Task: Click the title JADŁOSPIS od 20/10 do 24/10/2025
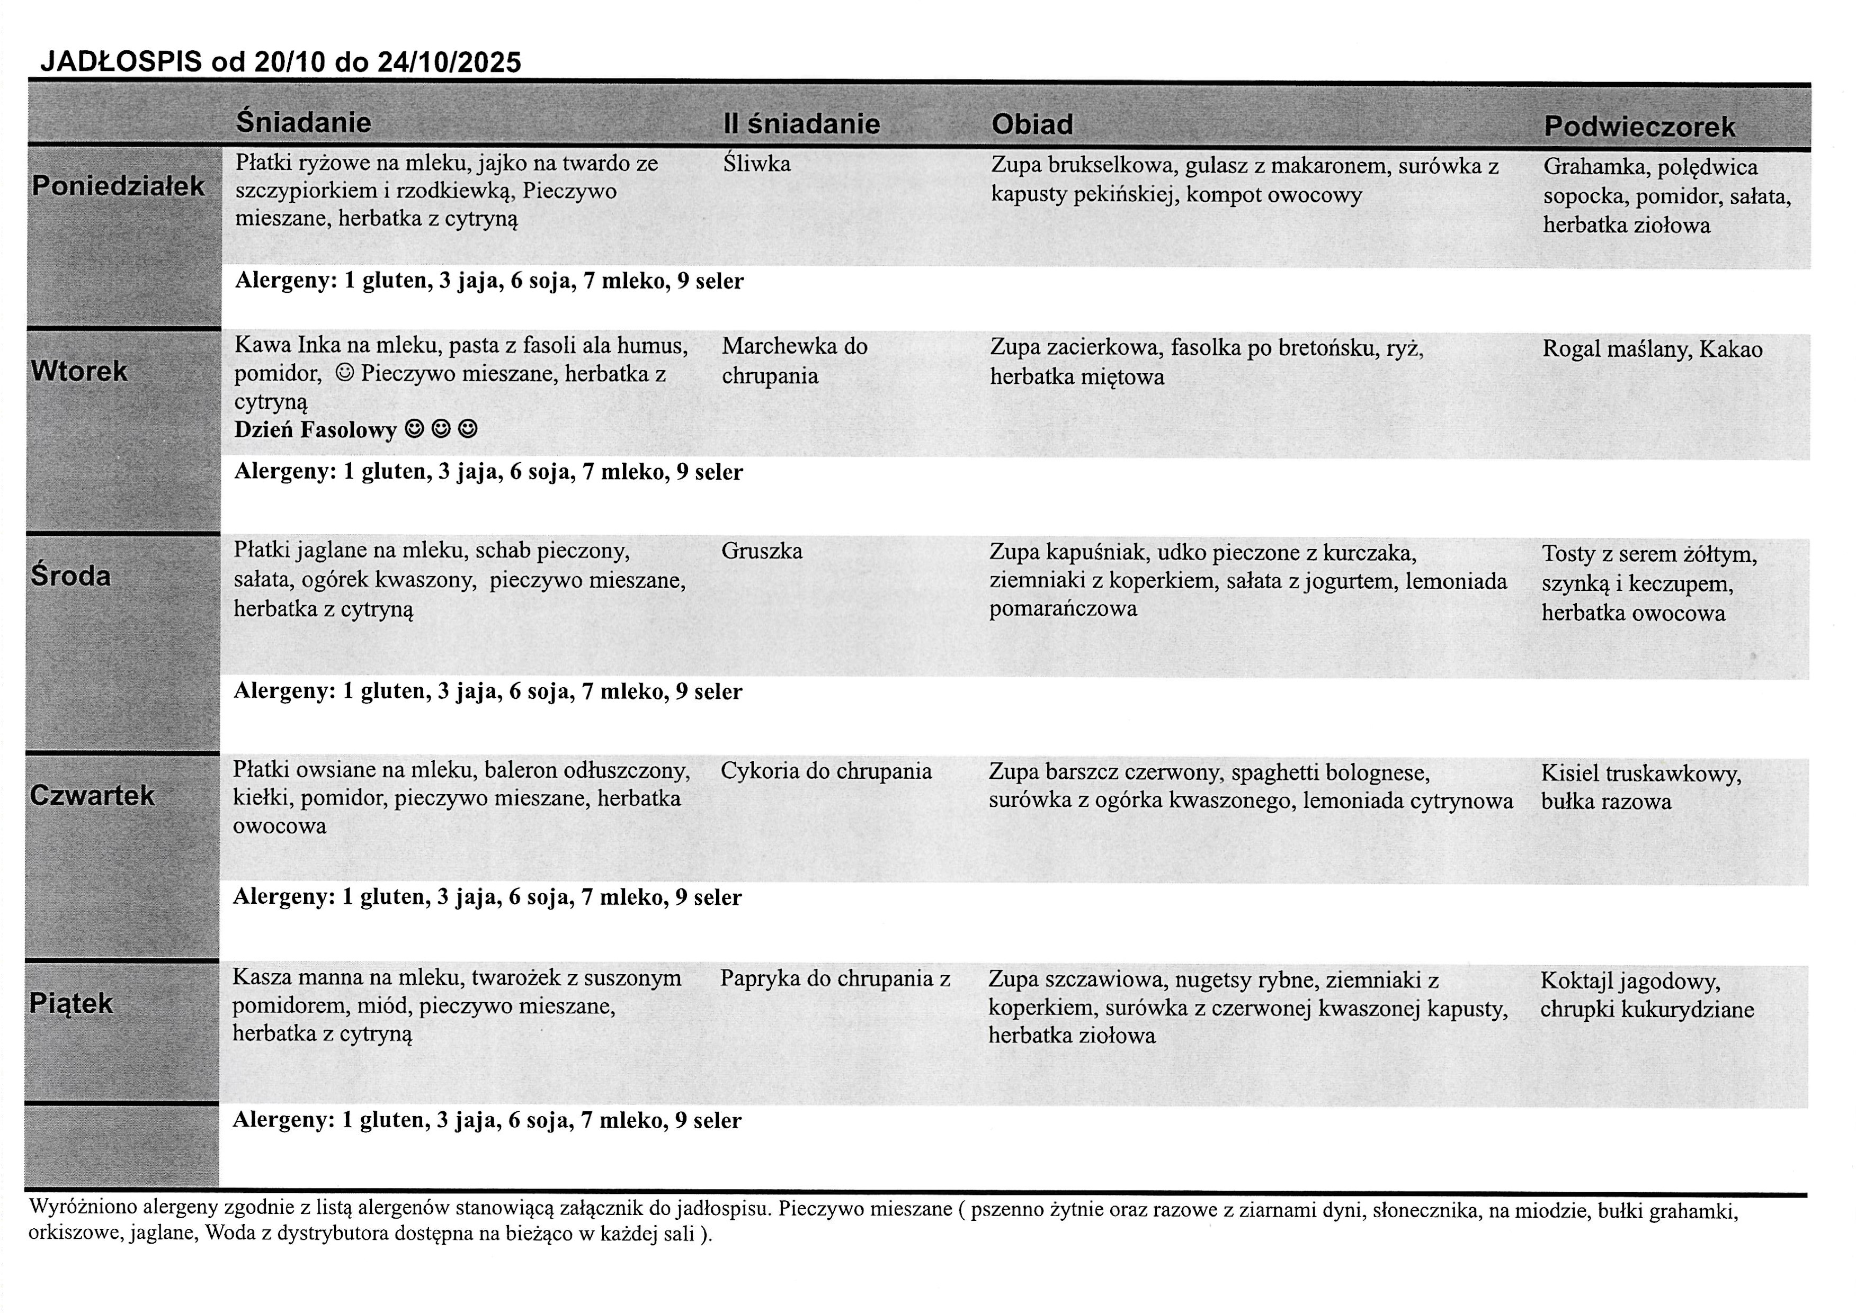click(281, 62)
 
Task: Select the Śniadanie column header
click(304, 122)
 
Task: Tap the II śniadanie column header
click(801, 124)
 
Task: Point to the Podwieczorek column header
click(1639, 127)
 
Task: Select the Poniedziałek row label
click(118, 186)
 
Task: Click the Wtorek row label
click(79, 371)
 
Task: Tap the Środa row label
click(71, 575)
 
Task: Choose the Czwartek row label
click(92, 796)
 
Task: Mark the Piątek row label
click(71, 1003)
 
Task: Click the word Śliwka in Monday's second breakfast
click(757, 164)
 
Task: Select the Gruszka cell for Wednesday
click(762, 551)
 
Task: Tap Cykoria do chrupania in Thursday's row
click(826, 771)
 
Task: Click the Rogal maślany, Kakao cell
click(1652, 349)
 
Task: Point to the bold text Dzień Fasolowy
click(315, 430)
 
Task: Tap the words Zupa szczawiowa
click(1076, 981)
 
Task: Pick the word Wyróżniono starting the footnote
click(83, 1209)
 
